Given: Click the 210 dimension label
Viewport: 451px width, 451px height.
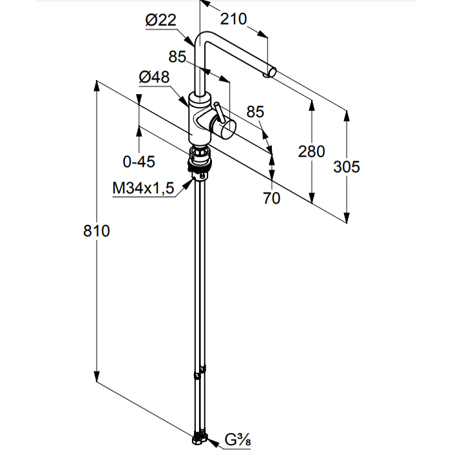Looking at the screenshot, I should tap(233, 19).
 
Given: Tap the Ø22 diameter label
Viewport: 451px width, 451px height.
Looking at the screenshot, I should tap(160, 21).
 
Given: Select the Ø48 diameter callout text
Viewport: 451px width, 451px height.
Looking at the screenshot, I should tap(154, 77).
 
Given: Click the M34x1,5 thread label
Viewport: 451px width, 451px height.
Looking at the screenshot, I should tap(143, 188).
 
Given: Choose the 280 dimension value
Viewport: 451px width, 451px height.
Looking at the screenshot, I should tap(312, 151).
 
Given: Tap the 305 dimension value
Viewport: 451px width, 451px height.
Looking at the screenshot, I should tap(347, 166).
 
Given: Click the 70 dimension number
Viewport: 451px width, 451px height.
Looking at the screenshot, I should tap(272, 198).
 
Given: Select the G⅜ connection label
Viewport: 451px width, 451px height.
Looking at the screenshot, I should tap(237, 441).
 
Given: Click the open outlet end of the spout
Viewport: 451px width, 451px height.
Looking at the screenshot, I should tap(268, 73).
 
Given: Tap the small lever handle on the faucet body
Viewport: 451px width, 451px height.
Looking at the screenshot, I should tap(218, 111).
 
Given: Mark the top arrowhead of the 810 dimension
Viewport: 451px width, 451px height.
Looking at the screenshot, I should tap(97, 84).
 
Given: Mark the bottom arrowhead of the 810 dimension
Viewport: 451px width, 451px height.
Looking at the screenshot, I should tap(97, 379).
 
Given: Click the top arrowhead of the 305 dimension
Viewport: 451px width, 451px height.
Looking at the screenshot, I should tap(347, 114).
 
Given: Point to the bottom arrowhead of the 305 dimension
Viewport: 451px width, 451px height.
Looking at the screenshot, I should tap(347, 219).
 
